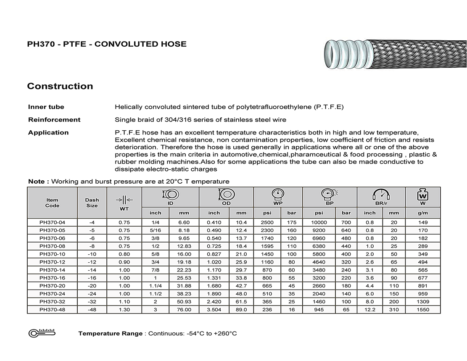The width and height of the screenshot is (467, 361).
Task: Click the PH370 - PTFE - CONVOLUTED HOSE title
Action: (x=107, y=44)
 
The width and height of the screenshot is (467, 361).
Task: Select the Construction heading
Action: (x=60, y=86)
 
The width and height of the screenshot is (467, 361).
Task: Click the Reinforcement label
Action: (x=54, y=120)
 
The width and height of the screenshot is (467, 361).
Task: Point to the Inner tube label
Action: (x=46, y=107)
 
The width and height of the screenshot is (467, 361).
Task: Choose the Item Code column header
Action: (x=53, y=203)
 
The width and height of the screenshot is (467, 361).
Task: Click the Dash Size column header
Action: (x=92, y=203)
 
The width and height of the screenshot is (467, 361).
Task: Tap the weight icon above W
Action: (x=423, y=195)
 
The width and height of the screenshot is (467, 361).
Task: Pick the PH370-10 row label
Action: (x=53, y=254)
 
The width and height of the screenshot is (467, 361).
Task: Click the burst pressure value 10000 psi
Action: (x=319, y=222)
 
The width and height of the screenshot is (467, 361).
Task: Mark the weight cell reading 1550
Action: (x=423, y=310)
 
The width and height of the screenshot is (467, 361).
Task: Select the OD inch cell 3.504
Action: (x=214, y=310)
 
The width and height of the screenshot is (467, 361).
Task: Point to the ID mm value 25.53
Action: (x=185, y=278)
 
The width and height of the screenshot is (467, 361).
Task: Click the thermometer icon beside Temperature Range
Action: (x=42, y=333)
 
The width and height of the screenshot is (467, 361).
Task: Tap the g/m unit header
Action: (x=423, y=213)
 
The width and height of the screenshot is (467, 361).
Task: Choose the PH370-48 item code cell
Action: (x=53, y=310)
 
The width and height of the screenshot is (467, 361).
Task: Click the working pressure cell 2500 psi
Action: (x=267, y=222)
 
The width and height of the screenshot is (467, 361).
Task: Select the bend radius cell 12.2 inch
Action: (x=370, y=310)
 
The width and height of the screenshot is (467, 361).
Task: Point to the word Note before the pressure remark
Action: (x=36, y=182)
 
